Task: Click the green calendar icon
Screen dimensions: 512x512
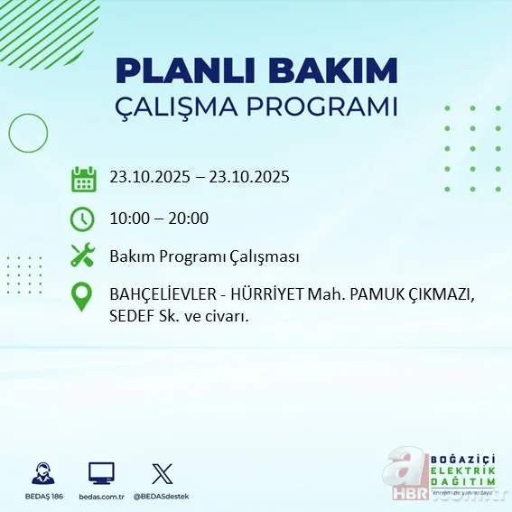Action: coord(83,178)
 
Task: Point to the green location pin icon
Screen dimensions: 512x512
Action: coord(82,297)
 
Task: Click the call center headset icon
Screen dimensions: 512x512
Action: coord(42,472)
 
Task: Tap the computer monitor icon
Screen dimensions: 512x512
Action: coord(101,472)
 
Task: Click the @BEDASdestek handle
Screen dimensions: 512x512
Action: coord(163,497)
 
